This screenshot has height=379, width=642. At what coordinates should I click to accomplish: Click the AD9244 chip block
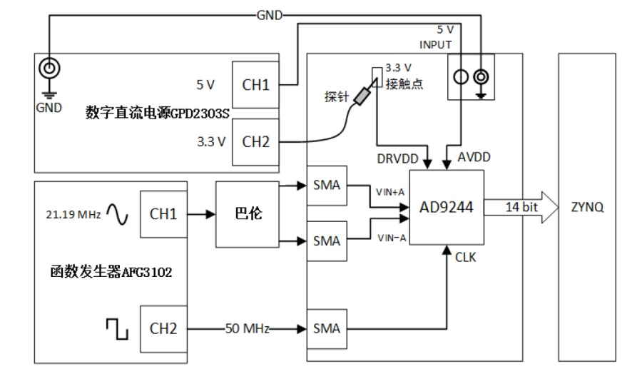(x=447, y=207)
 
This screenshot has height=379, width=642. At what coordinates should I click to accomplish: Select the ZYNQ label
(x=587, y=207)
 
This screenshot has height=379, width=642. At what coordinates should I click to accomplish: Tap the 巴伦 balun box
(x=248, y=214)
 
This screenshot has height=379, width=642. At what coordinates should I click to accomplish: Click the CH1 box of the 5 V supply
(x=255, y=85)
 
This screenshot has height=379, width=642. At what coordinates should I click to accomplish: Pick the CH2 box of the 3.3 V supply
(x=255, y=142)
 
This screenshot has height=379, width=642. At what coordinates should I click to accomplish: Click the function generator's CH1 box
(x=164, y=214)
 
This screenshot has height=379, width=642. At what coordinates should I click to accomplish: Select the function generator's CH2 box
(x=164, y=328)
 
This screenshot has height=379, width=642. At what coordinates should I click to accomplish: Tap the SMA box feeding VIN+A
(x=327, y=185)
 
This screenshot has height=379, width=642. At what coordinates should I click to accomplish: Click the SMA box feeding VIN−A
(x=327, y=241)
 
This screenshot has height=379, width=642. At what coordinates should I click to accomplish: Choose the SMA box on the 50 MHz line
(x=327, y=328)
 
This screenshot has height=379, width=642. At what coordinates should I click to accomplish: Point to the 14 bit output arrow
(x=521, y=207)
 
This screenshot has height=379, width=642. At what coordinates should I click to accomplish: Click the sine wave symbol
(x=118, y=214)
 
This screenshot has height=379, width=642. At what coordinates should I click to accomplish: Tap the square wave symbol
(x=118, y=329)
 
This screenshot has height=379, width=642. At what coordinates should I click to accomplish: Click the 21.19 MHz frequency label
(x=73, y=214)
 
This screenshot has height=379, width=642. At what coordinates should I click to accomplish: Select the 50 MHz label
(x=248, y=328)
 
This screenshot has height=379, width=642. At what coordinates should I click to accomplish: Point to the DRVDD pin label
(x=397, y=158)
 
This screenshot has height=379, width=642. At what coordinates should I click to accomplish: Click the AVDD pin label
(x=474, y=157)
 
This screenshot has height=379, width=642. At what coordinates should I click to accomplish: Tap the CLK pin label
(x=466, y=258)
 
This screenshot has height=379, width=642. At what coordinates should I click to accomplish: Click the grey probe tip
(x=362, y=96)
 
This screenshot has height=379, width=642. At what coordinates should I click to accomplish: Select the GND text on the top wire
(x=270, y=16)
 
